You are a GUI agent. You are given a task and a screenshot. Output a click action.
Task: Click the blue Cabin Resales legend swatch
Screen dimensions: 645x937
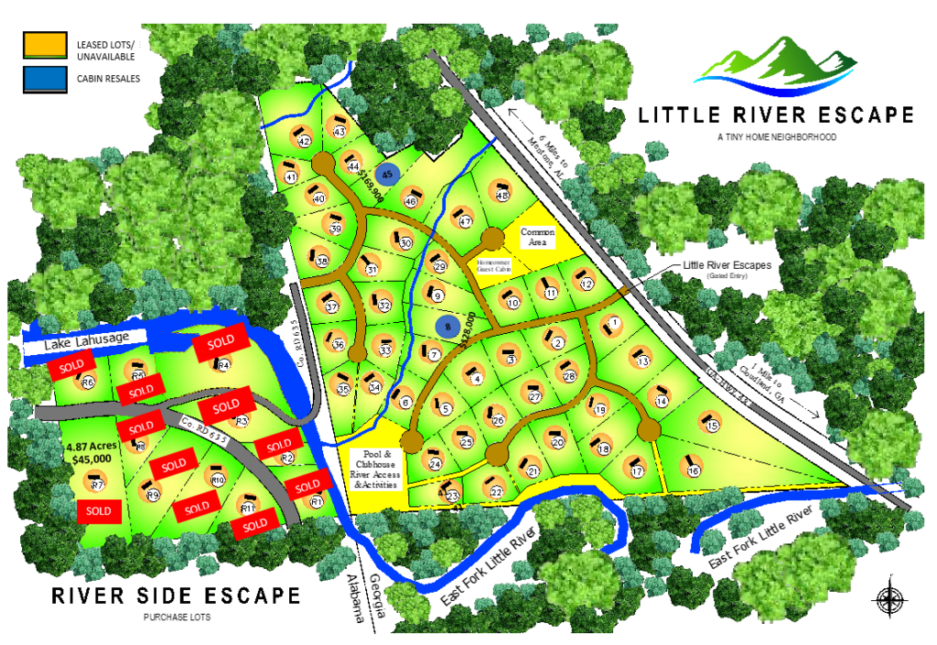tap(45, 79)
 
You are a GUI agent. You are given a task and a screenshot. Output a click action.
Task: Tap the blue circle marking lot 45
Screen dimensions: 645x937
tap(388, 175)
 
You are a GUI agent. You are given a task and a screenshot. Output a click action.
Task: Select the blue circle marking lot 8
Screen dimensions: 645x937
tap(447, 325)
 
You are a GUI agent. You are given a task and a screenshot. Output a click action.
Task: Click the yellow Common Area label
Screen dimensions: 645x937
tap(538, 237)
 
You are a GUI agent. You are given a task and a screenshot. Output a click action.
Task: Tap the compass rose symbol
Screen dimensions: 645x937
tap(889, 600)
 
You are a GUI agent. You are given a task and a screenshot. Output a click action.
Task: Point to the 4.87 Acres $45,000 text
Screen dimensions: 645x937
tap(89, 453)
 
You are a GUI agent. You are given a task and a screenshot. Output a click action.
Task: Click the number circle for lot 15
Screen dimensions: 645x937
tap(713, 425)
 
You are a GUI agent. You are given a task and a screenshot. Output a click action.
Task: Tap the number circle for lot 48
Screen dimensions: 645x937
tap(502, 196)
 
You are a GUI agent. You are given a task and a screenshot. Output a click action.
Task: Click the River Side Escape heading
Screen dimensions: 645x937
tap(176, 596)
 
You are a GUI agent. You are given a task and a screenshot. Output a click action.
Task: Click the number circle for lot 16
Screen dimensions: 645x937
tap(695, 470)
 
